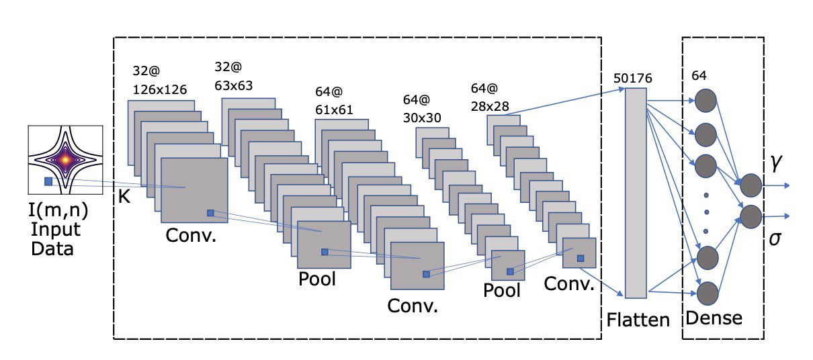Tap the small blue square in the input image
[48, 181]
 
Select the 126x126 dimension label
[160, 89]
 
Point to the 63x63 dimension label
[234, 85]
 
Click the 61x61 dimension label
[334, 109]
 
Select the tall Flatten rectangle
[635, 193]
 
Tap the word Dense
[713, 316]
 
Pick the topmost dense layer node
[705, 101]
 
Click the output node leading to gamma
[750, 185]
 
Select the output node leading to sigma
[750, 216]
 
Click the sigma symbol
[775, 240]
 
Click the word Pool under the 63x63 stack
[317, 278]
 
